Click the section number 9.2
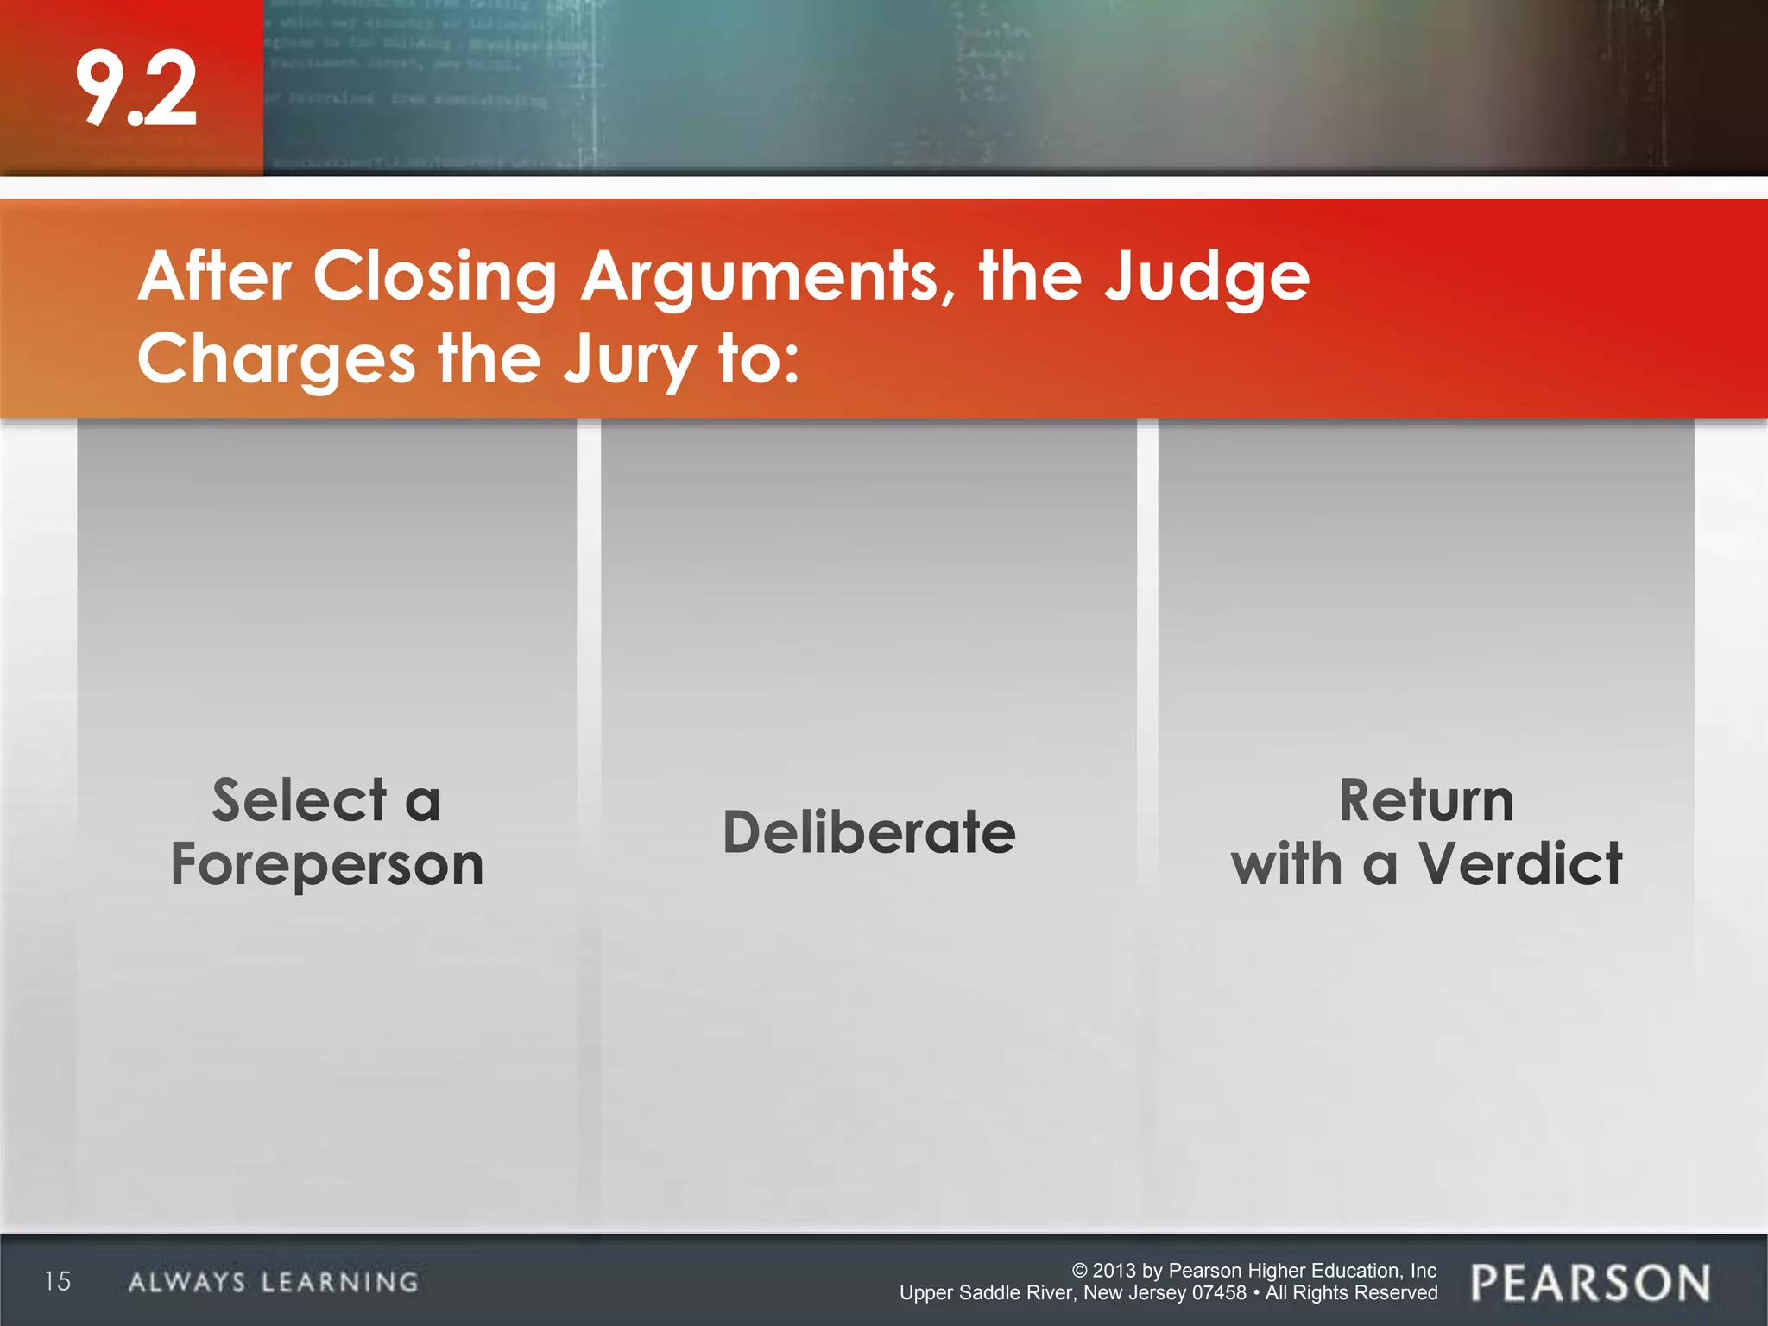pyautogui.click(x=136, y=89)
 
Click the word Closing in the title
pyautogui.click(x=435, y=277)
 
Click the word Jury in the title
pyautogui.click(x=629, y=359)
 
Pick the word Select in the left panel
pyautogui.click(x=300, y=800)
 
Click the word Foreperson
pyautogui.click(x=327, y=864)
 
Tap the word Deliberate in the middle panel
pyautogui.click(x=869, y=833)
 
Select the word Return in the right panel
pyautogui.click(x=1426, y=800)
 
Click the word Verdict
pyautogui.click(x=1520, y=864)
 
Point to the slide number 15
pyautogui.click(x=58, y=1281)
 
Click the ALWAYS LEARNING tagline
pyautogui.click(x=274, y=1282)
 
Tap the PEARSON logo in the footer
pyautogui.click(x=1590, y=1282)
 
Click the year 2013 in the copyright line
pyautogui.click(x=1114, y=1271)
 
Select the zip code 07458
pyautogui.click(x=1218, y=1293)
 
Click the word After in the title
pyautogui.click(x=215, y=277)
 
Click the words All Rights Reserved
pyautogui.click(x=1351, y=1293)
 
